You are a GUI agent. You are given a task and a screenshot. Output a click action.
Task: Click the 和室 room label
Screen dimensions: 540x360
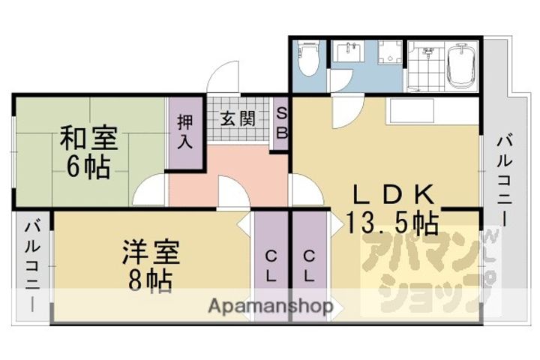tap(89, 138)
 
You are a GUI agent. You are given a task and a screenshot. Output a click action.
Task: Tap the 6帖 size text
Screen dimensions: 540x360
tap(88, 167)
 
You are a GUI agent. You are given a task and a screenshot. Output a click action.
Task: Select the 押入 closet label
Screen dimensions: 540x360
tap(185, 131)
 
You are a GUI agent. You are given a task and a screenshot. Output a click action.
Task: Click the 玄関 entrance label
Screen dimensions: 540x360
tap(238, 118)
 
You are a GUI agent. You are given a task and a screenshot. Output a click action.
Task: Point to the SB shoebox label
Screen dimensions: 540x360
tap(282, 123)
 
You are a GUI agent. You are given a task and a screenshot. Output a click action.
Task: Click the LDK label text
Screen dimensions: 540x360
tap(394, 195)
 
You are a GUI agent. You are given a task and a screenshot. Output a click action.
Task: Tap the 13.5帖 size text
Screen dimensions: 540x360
tap(392, 223)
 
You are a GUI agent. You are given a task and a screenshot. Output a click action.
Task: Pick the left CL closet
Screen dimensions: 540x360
tap(271, 266)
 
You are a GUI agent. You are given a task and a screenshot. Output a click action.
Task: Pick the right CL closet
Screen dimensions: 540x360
tap(309, 266)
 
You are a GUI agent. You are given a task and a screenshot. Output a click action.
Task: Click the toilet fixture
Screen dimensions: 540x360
tap(308, 58)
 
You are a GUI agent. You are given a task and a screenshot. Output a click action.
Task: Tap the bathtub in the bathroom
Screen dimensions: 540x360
tap(460, 65)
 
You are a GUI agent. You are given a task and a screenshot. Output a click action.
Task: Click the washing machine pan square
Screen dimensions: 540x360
tap(390, 52)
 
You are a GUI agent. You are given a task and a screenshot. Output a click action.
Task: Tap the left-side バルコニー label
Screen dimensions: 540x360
tap(33, 267)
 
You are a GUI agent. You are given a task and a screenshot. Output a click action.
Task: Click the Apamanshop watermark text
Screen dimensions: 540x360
tap(271, 305)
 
